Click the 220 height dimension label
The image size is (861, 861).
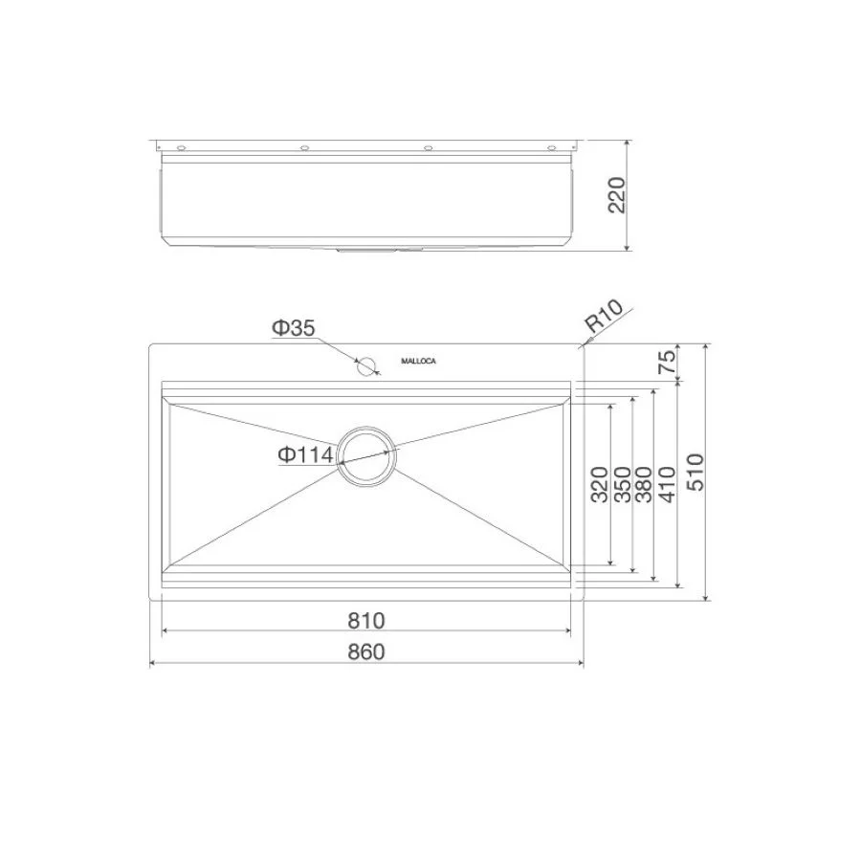[x=616, y=196]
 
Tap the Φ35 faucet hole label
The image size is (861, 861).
[x=293, y=328]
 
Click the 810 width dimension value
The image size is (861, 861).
[x=365, y=621]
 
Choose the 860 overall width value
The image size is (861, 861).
[x=365, y=652]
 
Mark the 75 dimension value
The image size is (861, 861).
[x=667, y=362]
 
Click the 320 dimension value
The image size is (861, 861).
[x=599, y=486]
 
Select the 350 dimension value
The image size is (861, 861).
[x=622, y=486]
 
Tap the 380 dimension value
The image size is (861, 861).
[x=644, y=486]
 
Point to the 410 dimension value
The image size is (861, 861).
[x=667, y=486]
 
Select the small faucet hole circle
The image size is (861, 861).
[x=364, y=364]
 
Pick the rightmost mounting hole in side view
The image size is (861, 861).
[x=551, y=148]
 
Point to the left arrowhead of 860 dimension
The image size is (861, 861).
[x=153, y=663]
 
